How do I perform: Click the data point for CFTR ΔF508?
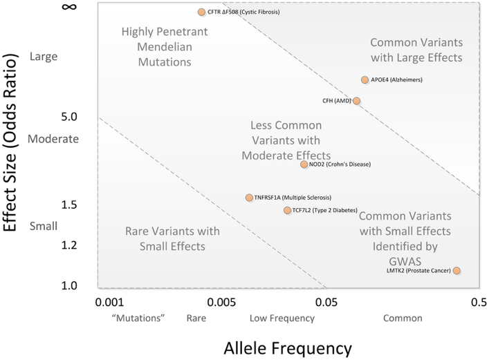[x=201, y=12]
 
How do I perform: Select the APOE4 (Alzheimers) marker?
[x=365, y=79]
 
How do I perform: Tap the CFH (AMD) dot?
[x=356, y=101]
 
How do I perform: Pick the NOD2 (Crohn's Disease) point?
[x=304, y=164]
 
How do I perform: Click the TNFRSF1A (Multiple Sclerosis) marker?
[x=249, y=198]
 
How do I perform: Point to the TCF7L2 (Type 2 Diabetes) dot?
[x=287, y=210]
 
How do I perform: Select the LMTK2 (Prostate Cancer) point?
[x=456, y=270]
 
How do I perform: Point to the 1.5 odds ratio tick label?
[x=49, y=205]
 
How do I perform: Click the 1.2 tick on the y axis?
[x=49, y=245]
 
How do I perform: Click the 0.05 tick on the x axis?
[x=326, y=302]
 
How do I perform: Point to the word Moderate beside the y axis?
[x=53, y=138]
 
